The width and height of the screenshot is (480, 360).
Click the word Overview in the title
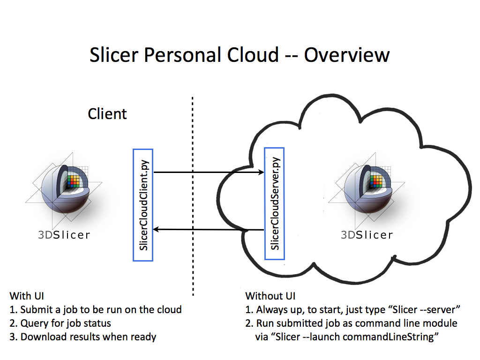pyautogui.click(x=347, y=55)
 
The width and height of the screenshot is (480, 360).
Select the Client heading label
pyautogui.click(x=107, y=113)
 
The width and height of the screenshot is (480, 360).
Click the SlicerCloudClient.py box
pyautogui.click(x=143, y=205)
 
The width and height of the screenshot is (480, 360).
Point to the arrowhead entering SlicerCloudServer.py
pyautogui.click(x=262, y=172)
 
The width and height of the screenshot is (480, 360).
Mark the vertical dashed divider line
pyautogui.click(x=193, y=197)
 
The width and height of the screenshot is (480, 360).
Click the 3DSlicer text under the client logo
pyautogui.click(x=64, y=235)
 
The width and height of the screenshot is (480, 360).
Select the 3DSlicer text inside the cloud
pyautogui.click(x=367, y=235)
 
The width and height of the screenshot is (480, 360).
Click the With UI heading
pyautogui.click(x=27, y=296)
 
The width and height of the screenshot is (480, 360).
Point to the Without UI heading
pyautogui.click(x=270, y=296)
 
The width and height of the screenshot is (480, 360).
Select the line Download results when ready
pyautogui.click(x=88, y=337)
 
